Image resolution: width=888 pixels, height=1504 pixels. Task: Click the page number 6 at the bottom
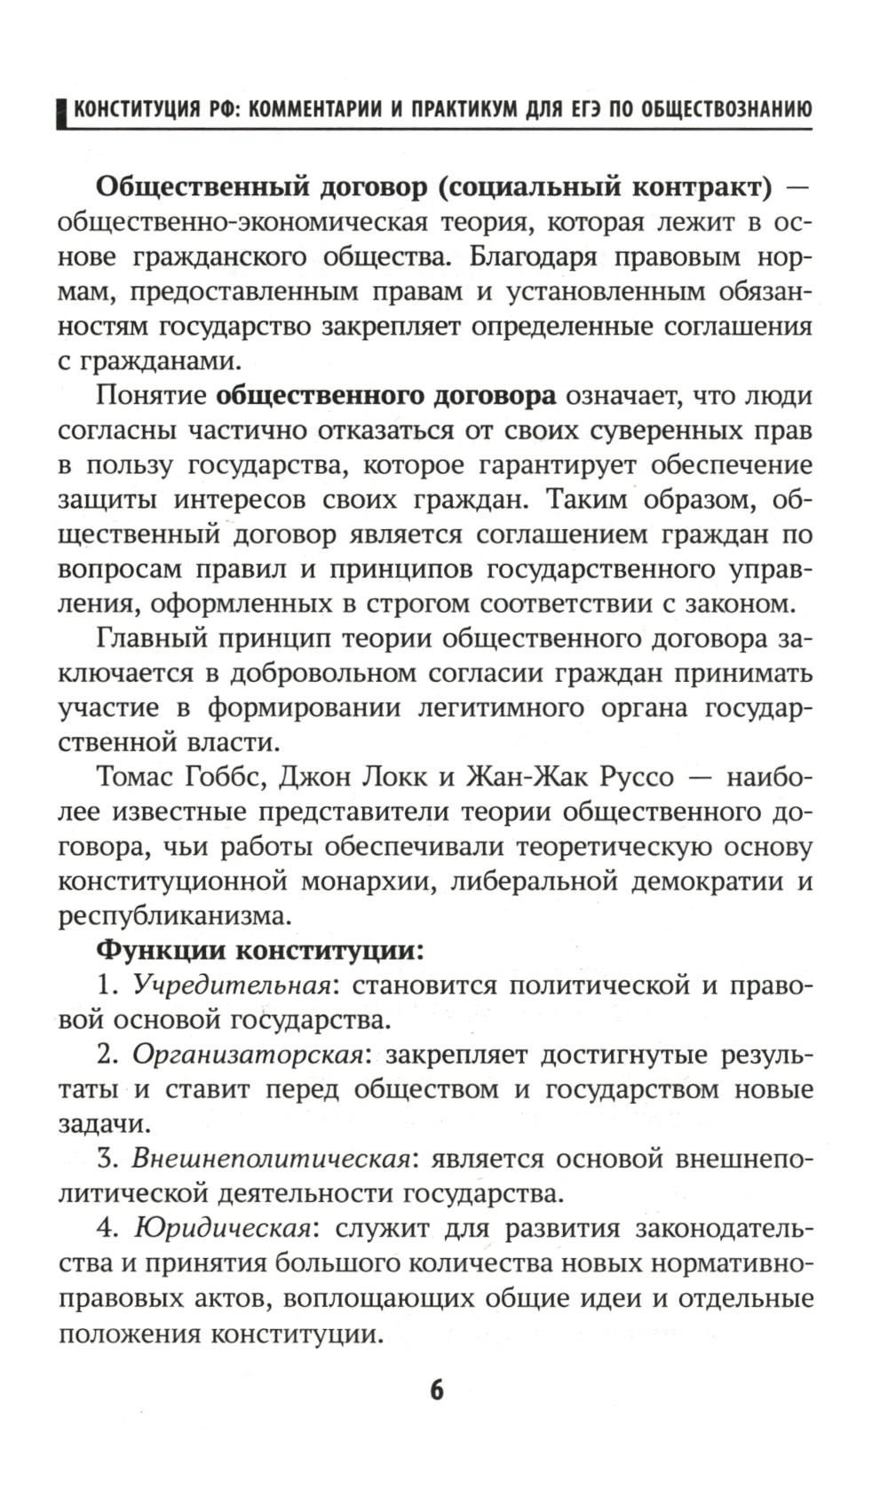(435, 1389)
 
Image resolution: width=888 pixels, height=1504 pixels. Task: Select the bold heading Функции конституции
(259, 950)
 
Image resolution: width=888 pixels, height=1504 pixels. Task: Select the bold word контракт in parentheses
(702, 187)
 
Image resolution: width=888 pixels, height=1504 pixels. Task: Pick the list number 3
(107, 1159)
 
